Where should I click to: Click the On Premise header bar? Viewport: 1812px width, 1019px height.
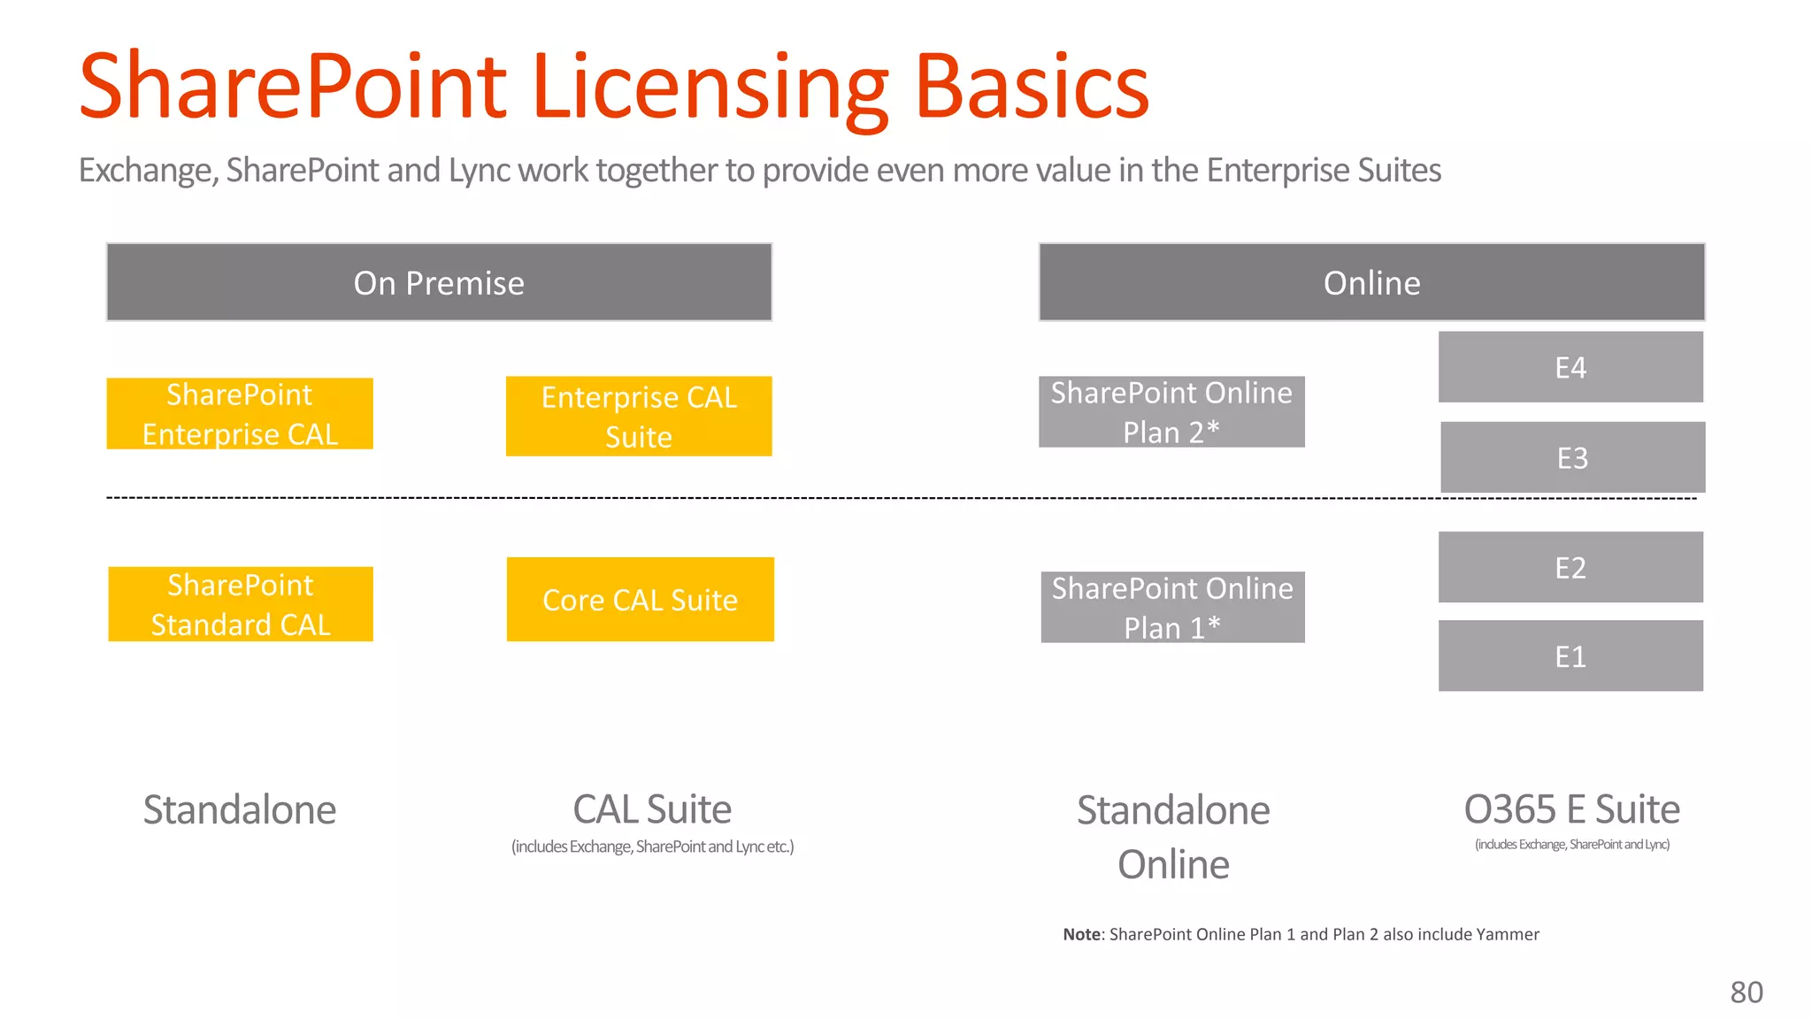click(x=439, y=282)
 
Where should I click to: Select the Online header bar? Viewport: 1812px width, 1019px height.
click(x=1371, y=282)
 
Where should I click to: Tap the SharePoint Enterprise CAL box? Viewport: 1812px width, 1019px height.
click(x=240, y=414)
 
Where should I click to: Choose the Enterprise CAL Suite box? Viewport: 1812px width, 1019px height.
click(x=639, y=417)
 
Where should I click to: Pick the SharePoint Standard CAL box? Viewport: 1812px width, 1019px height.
click(x=241, y=604)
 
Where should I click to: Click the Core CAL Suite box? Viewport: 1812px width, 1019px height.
click(x=640, y=600)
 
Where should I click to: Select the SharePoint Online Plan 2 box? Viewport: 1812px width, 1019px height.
click(x=1171, y=412)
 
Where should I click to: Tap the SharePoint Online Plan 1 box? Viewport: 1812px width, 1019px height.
click(x=1172, y=608)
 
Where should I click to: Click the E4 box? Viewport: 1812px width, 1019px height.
click(x=1570, y=367)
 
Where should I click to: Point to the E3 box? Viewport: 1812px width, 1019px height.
click(x=1572, y=457)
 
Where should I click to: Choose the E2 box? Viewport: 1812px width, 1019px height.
click(x=1570, y=567)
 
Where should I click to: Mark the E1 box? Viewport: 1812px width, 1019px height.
click(x=1570, y=656)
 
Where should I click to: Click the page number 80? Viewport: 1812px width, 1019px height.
click(x=1747, y=992)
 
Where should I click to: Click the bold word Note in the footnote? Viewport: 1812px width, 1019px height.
click(x=1082, y=934)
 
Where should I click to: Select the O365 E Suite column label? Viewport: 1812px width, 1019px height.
click(x=1571, y=809)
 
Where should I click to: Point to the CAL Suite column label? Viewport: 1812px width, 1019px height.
click(x=652, y=809)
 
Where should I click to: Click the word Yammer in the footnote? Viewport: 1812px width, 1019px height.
click(x=1508, y=934)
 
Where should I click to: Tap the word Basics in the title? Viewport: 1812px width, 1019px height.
click(x=1031, y=88)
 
